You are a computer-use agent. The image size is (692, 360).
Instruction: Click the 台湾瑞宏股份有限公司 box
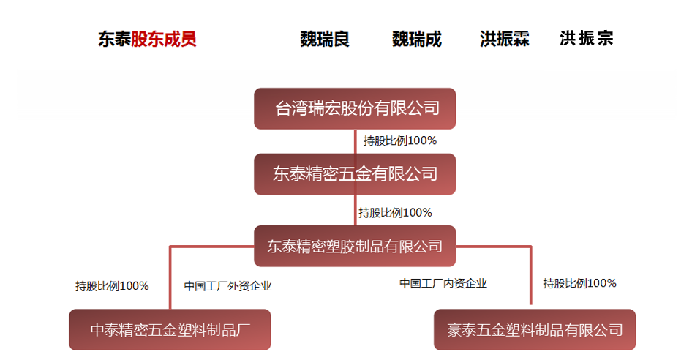tap(356, 108)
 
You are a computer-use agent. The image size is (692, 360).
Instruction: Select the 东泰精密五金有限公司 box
tap(355, 173)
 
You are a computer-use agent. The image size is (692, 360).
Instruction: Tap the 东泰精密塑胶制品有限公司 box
tap(355, 246)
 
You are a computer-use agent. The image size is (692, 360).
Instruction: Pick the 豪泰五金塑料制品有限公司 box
tap(534, 330)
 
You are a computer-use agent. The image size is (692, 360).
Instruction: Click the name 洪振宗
tap(586, 39)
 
